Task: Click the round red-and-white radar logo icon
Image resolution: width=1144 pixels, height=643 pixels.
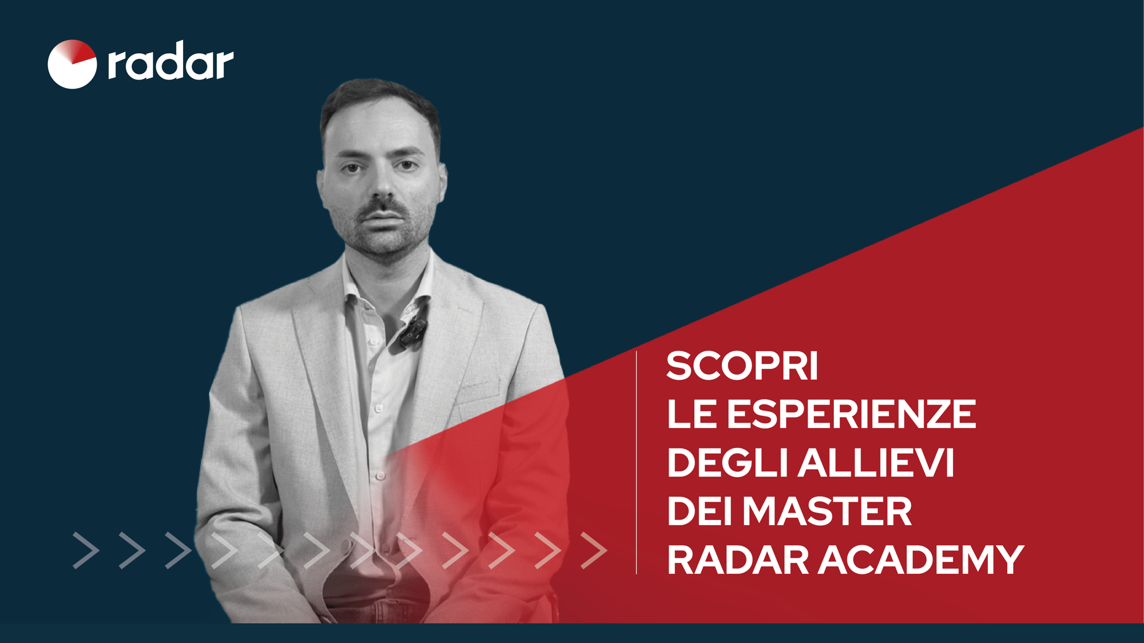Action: click(x=72, y=64)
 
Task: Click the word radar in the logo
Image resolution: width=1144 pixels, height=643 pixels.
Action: click(x=170, y=61)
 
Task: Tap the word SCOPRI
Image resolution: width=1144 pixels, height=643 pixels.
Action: click(x=742, y=366)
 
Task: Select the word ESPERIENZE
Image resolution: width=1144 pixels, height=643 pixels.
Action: click(x=851, y=414)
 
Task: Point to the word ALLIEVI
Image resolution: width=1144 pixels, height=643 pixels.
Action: click(x=876, y=463)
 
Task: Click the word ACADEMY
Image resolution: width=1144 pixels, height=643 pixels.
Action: click(x=921, y=560)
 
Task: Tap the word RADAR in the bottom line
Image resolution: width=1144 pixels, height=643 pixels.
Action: click(x=737, y=560)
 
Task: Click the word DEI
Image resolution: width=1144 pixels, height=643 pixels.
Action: click(x=700, y=511)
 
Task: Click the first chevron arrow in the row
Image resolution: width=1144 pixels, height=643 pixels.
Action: click(x=86, y=550)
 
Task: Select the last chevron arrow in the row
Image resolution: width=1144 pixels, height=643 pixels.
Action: click(x=594, y=550)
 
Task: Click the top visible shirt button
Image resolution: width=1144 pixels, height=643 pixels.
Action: click(x=373, y=342)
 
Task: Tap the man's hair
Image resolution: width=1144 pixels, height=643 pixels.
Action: click(x=378, y=97)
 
